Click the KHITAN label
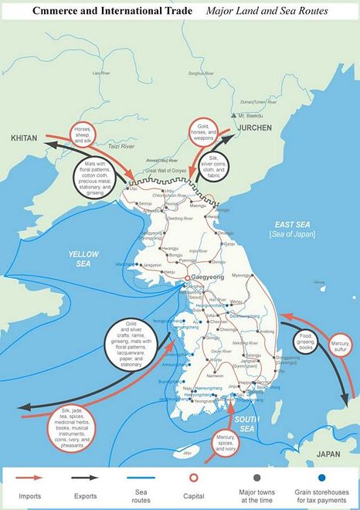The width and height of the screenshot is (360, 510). [25, 138]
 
